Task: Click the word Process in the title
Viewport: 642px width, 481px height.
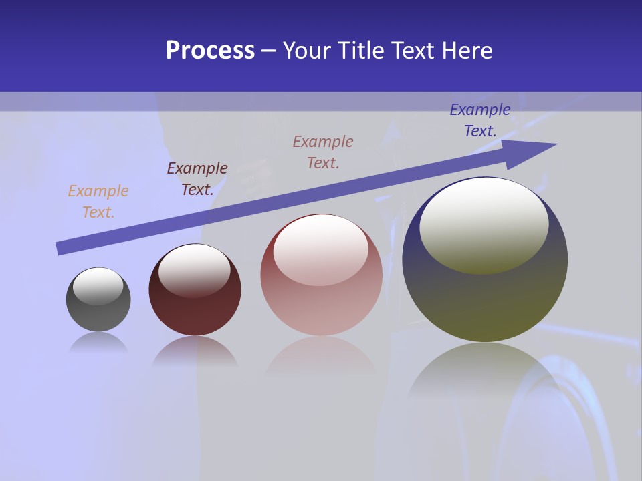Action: [210, 51]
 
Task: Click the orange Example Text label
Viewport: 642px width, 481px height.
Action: [98, 202]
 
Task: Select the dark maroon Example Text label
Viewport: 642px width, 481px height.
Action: [197, 179]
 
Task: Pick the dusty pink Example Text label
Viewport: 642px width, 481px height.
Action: [323, 152]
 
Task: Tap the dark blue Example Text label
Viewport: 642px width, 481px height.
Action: [480, 120]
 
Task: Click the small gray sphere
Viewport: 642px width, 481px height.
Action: [98, 314]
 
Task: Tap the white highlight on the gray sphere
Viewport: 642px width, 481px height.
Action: [98, 286]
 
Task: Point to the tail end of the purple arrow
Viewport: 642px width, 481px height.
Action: [62, 248]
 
